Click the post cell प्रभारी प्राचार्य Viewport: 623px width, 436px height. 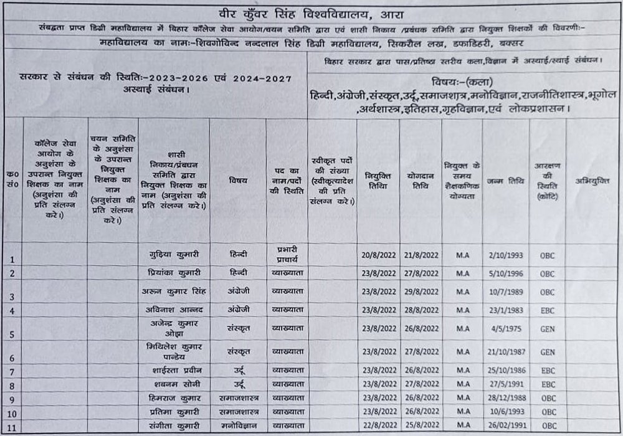pyautogui.click(x=287, y=253)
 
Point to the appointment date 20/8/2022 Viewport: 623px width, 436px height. pyautogui.click(x=378, y=255)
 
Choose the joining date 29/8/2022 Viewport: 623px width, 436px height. pyautogui.click(x=421, y=291)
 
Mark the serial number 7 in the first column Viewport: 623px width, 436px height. pyautogui.click(x=12, y=372)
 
